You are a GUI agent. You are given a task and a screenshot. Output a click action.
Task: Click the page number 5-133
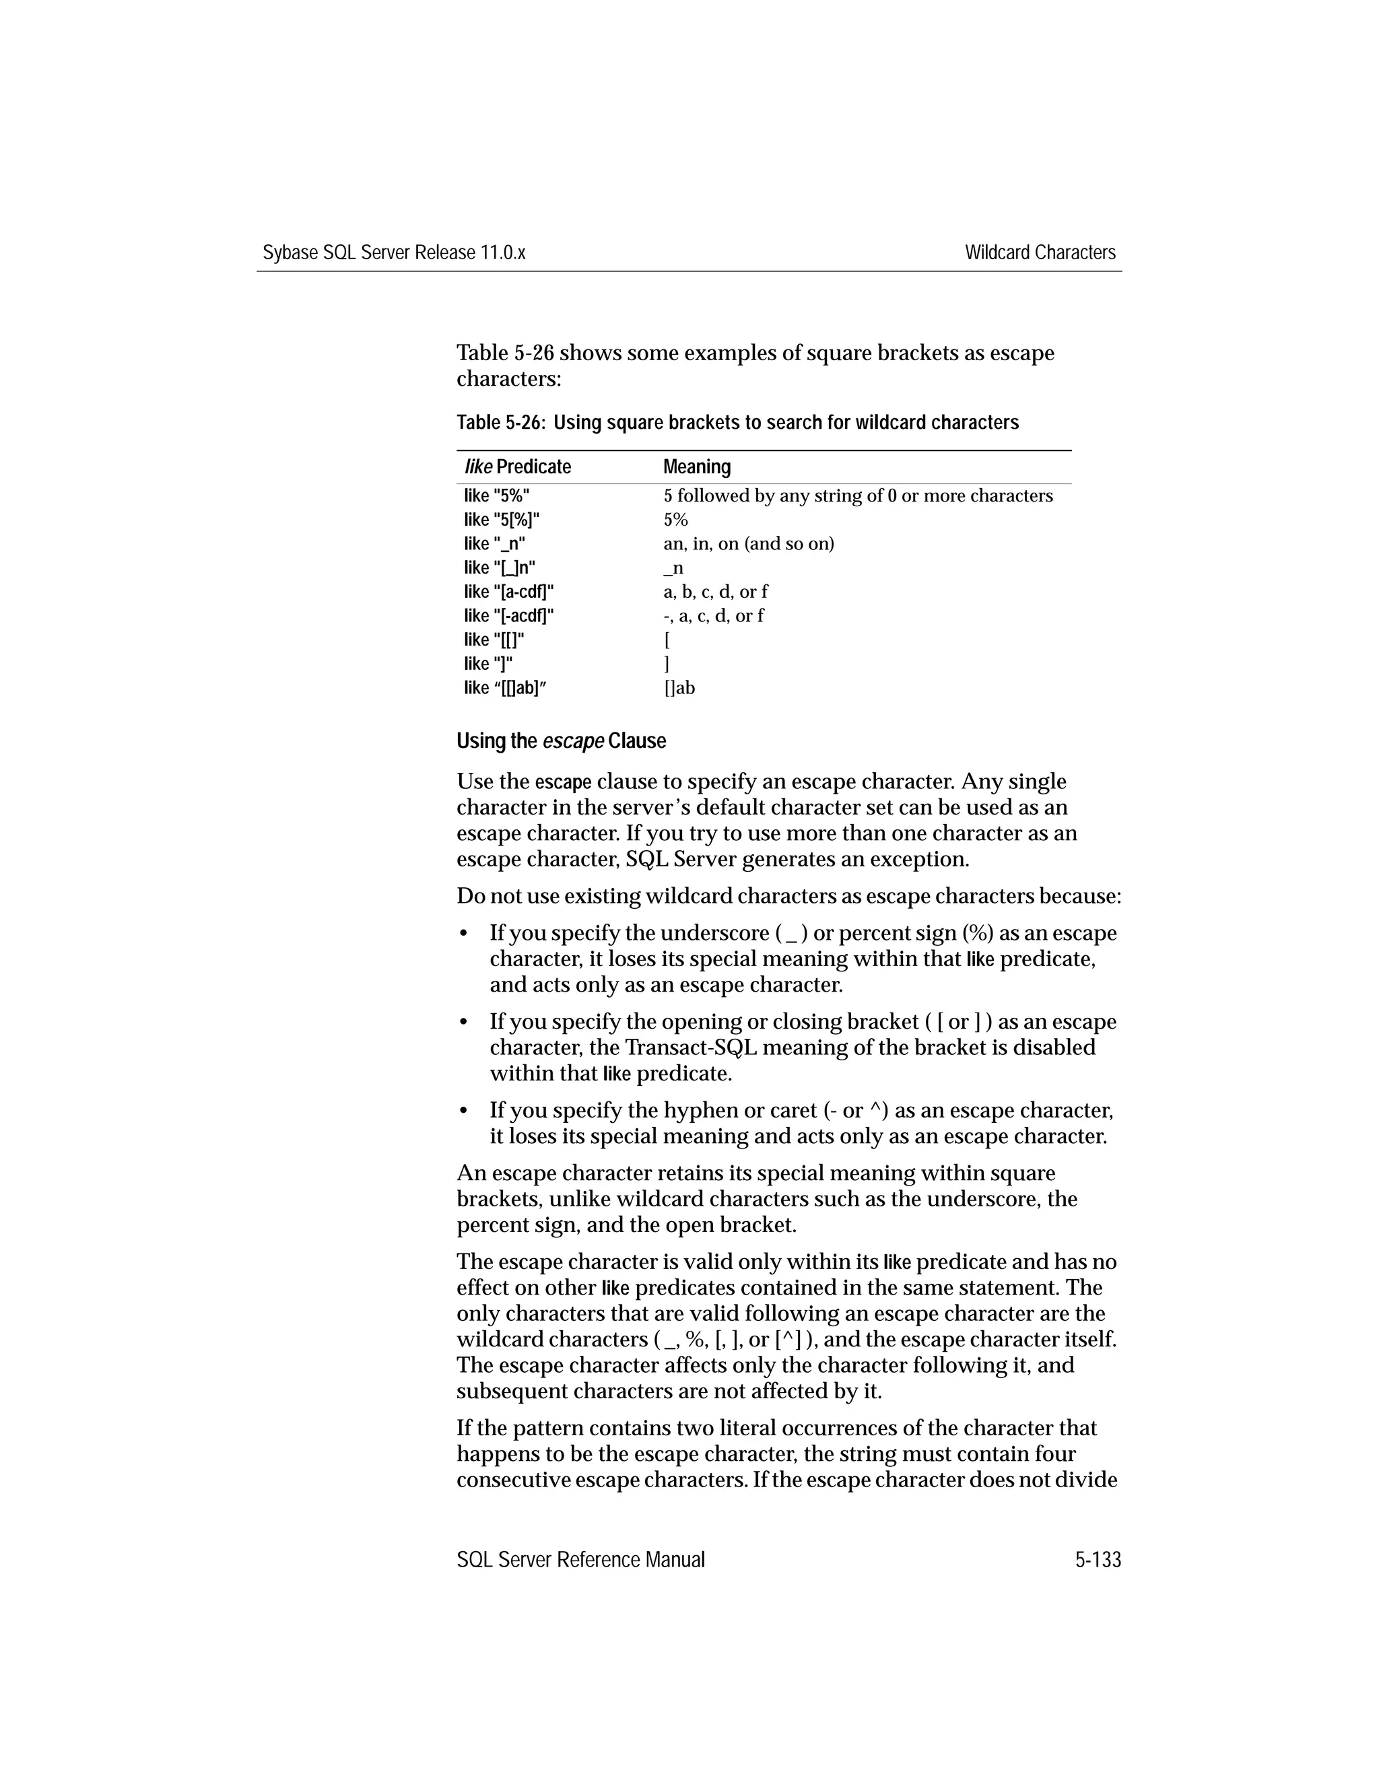click(1097, 1559)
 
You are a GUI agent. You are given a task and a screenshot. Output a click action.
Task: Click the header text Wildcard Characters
click(1039, 252)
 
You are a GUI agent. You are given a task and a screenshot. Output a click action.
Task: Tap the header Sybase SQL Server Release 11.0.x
click(394, 252)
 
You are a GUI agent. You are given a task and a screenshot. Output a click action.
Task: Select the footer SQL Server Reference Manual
click(580, 1559)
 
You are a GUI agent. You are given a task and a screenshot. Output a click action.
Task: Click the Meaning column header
click(696, 467)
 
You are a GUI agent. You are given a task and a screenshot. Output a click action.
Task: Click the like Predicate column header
click(517, 467)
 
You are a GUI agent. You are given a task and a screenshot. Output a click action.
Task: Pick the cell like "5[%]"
click(502, 520)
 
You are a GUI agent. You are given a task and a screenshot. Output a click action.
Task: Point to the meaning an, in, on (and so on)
click(748, 543)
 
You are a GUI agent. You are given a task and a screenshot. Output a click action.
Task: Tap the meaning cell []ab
click(679, 688)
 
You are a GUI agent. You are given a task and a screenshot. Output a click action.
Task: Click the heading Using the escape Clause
click(562, 741)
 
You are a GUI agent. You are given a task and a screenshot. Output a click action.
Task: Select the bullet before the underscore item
click(463, 933)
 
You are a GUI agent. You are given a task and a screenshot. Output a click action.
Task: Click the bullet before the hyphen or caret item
click(463, 1110)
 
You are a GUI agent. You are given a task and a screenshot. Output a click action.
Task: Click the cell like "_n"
click(494, 543)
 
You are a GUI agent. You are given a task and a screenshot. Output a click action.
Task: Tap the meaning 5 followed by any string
click(858, 496)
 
